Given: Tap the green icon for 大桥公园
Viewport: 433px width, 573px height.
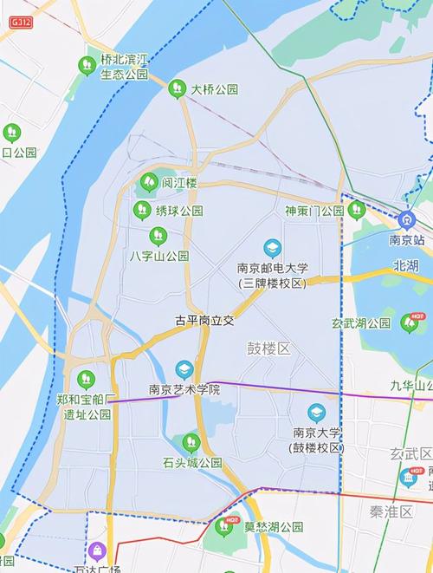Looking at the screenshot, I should (x=177, y=88).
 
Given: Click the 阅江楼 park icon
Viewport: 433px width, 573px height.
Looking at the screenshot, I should (x=148, y=183).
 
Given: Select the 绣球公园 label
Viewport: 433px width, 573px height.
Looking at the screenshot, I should (x=179, y=211).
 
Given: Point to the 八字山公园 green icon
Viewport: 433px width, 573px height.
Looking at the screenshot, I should (x=158, y=236).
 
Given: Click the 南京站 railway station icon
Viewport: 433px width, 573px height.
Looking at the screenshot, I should (x=407, y=220).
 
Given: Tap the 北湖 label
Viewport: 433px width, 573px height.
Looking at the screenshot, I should (x=405, y=265).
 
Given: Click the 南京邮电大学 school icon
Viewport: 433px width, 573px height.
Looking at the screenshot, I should (x=273, y=249).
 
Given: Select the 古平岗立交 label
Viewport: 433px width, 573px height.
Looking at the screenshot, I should (x=204, y=320).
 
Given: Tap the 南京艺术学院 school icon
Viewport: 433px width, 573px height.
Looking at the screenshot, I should (x=184, y=370).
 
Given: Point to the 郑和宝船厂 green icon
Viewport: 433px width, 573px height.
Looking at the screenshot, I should (x=85, y=380).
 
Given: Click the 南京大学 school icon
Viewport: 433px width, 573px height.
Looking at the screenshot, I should (x=317, y=413).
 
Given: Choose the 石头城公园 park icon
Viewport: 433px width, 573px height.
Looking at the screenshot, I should (x=191, y=443).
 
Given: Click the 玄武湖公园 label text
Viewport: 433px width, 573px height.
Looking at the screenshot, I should (x=361, y=323).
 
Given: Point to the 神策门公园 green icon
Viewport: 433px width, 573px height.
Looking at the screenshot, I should (x=356, y=210).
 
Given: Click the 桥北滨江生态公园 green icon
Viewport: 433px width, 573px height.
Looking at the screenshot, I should (x=87, y=65).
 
